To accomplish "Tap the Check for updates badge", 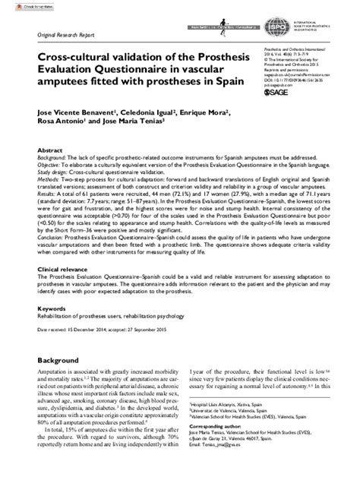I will pyautogui.click(x=17, y=5).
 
